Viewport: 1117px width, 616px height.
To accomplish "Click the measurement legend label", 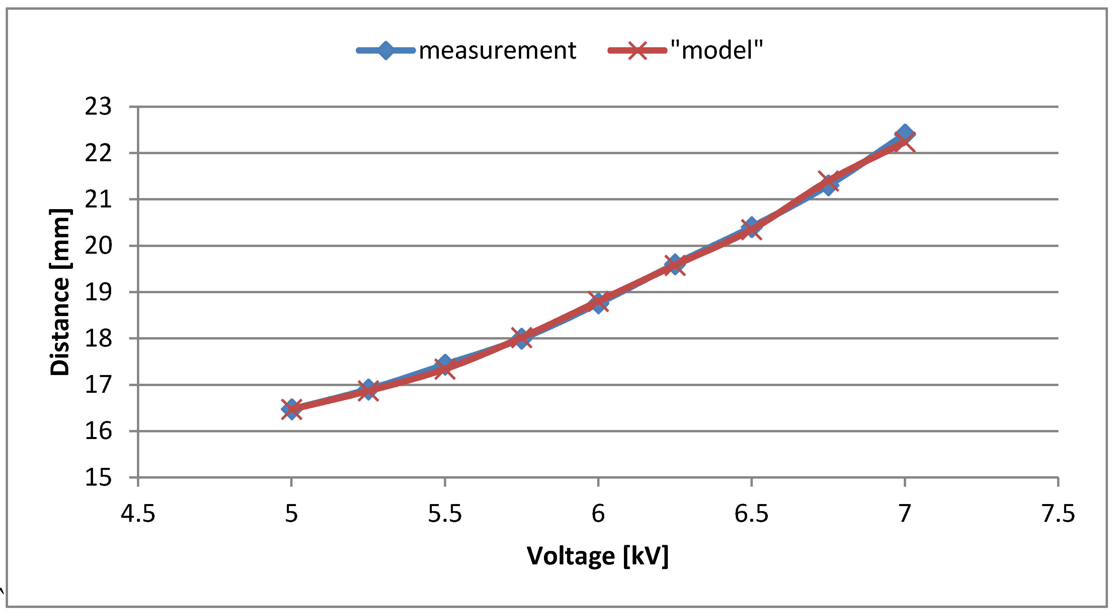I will coord(497,51).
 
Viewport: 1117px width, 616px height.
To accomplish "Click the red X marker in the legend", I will coord(637,51).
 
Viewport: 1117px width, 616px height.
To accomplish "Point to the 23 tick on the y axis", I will coord(98,107).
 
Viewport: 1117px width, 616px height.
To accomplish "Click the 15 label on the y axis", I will coord(98,478).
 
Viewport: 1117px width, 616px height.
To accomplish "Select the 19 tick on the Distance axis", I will coord(98,292).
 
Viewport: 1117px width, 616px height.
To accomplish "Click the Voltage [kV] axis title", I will coord(597,556).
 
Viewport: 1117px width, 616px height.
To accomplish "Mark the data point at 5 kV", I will coord(292,409).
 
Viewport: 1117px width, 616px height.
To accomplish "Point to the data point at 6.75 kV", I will coord(828,183).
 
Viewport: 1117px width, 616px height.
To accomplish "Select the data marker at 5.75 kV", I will coord(522,338).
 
